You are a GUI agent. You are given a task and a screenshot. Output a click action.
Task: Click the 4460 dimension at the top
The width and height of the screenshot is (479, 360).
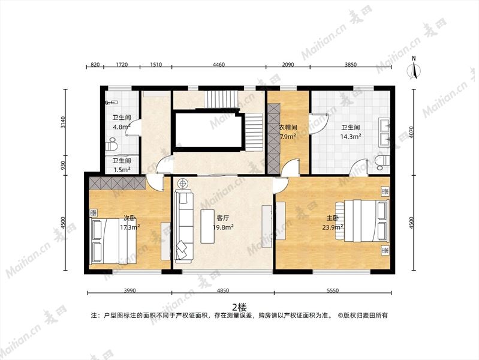click(219, 65)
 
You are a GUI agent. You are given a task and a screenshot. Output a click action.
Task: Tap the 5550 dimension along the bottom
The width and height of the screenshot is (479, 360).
click(333, 290)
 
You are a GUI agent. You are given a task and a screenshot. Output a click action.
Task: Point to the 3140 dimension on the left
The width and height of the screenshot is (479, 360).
click(63, 122)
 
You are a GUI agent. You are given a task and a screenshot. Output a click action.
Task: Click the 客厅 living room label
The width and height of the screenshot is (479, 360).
click(222, 218)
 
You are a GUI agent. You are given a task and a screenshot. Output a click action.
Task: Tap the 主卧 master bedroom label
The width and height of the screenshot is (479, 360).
click(333, 218)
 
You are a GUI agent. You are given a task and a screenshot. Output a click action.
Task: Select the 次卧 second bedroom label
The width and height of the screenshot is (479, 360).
click(130, 218)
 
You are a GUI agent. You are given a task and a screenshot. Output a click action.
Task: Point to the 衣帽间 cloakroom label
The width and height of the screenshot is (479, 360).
click(288, 127)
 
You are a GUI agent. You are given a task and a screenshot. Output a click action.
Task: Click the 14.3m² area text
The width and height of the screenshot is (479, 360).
click(351, 136)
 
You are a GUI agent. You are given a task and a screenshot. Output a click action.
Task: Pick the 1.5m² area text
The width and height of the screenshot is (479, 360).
click(122, 169)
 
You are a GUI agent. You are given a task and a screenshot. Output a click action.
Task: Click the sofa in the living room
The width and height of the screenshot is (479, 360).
click(184, 226)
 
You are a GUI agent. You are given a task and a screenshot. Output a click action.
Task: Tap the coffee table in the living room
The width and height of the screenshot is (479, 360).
click(209, 226)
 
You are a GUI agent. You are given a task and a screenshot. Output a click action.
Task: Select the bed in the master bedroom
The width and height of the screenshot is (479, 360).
click(362, 220)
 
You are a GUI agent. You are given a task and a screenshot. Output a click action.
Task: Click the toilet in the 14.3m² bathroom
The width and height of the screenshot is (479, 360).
click(382, 162)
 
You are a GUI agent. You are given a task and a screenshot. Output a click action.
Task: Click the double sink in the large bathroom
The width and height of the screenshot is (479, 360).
click(384, 133)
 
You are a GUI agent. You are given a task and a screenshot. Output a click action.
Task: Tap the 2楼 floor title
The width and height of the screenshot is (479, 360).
click(239, 307)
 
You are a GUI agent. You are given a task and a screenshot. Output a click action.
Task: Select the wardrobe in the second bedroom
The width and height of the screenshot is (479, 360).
click(118, 184)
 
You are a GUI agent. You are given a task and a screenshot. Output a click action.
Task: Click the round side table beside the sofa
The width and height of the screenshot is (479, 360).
click(183, 184)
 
